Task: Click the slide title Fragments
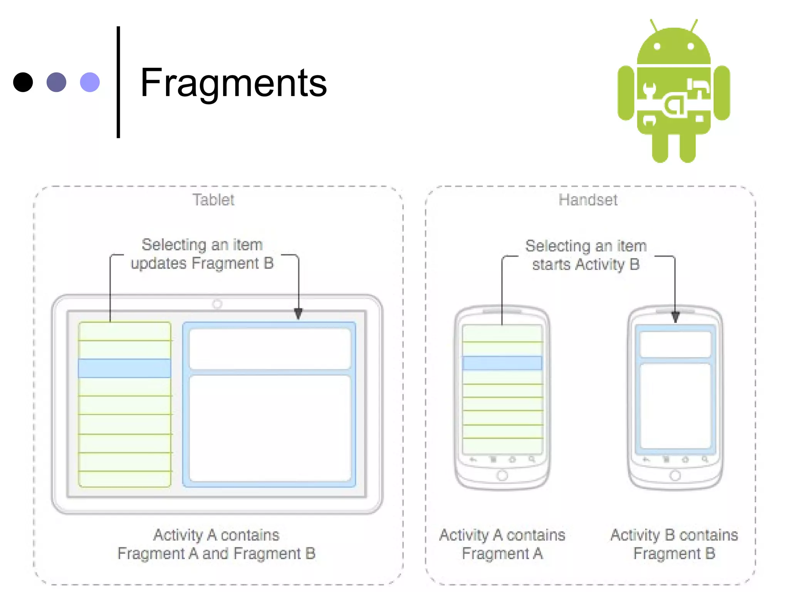pos(233,82)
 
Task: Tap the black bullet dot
pos(23,82)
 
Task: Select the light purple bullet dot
pos(90,82)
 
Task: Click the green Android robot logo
pos(673,91)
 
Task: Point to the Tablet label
pos(213,200)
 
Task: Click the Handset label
pos(588,200)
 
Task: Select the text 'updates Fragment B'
pos(202,264)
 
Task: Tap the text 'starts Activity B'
pos(586,265)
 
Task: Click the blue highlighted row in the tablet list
pos(124,368)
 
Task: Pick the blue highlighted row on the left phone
pos(502,363)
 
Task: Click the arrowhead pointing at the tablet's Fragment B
pos(298,314)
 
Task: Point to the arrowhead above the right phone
pos(675,317)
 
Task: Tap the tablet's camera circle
pos(217,304)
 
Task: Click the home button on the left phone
pos(502,476)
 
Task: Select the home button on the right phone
pos(675,476)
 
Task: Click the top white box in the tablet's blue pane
pos(270,349)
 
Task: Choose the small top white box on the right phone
pos(675,345)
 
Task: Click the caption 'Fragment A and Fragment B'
pos(217,554)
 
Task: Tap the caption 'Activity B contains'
pos(674,535)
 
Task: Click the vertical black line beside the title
pos(118,82)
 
